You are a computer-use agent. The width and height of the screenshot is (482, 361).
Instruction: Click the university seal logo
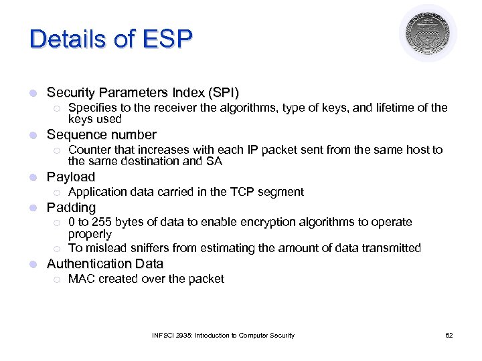[x=428, y=33]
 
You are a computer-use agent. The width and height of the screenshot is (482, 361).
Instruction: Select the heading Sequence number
[x=101, y=134]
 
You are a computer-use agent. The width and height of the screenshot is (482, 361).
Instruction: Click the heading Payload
[x=71, y=177]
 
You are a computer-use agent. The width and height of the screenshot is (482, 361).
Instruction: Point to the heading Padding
[x=71, y=207]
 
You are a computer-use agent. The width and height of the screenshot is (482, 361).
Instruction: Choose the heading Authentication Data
[x=104, y=264]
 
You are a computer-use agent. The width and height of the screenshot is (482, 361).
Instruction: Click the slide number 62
[x=449, y=335]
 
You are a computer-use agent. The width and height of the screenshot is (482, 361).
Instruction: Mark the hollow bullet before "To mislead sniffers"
[x=58, y=249]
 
